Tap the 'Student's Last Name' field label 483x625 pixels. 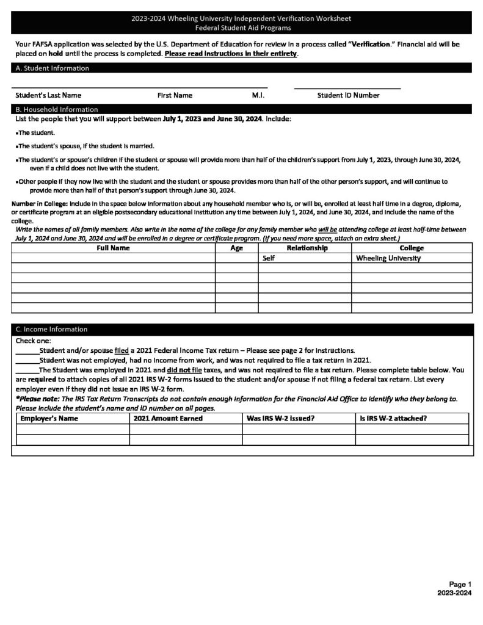pos(48,95)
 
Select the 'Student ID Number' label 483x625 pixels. pos(348,95)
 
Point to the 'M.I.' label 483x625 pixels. pos(258,95)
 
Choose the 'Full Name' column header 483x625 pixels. pos(113,248)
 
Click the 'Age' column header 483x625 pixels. pos(236,248)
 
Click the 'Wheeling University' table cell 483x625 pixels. pos(388,258)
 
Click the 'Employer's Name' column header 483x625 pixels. pos(49,419)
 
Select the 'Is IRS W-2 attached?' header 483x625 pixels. pos(393,419)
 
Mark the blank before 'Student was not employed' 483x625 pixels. pos(27,360)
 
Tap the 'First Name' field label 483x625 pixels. pos(175,95)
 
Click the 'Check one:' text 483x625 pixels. pos(34,341)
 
